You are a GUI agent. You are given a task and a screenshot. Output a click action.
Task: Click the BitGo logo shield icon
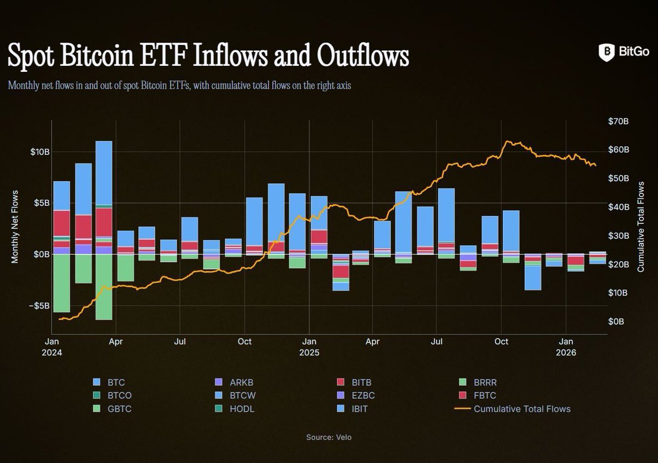(x=606, y=52)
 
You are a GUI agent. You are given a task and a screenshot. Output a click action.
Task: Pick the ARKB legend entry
(x=236, y=382)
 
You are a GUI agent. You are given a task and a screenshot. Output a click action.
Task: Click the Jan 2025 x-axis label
(x=309, y=347)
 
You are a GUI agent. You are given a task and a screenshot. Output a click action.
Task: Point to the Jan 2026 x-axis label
(x=566, y=347)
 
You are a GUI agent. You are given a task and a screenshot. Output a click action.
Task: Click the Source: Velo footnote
(x=328, y=437)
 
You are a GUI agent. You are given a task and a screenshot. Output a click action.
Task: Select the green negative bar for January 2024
(x=61, y=283)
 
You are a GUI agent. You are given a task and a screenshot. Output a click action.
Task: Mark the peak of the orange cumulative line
(x=507, y=141)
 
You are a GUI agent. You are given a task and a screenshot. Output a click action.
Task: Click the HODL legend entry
(x=236, y=409)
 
